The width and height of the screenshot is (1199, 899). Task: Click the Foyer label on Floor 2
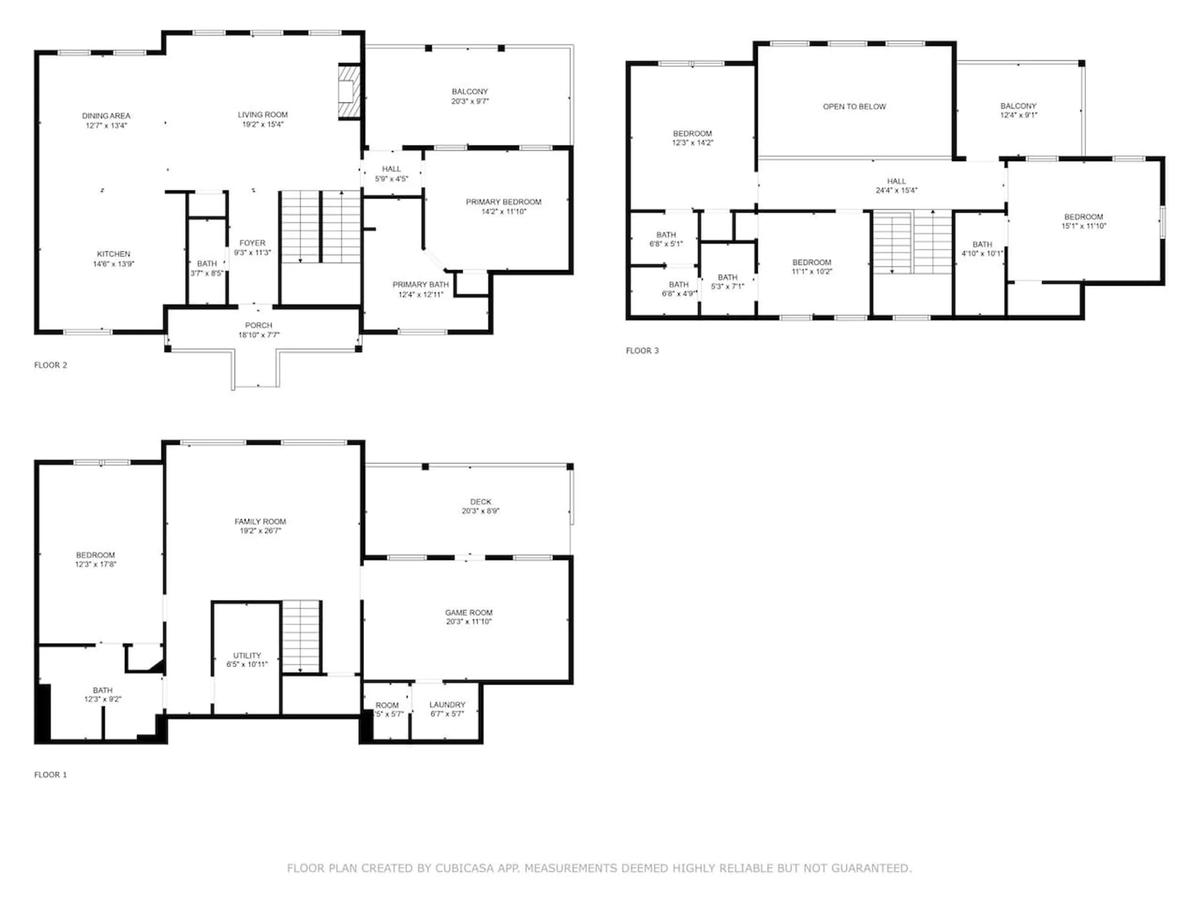(253, 243)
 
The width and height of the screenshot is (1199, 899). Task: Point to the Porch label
(259, 325)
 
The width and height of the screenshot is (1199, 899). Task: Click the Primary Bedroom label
(504, 202)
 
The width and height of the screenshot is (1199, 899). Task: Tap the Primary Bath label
(421, 284)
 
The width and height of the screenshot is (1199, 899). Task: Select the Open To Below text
(854, 107)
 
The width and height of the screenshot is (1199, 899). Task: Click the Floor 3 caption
(642, 351)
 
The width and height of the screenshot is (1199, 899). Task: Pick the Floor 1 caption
(50, 774)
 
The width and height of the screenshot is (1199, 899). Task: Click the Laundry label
(447, 705)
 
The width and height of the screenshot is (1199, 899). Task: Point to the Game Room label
(469, 612)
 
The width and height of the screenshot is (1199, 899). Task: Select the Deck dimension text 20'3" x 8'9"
(481, 511)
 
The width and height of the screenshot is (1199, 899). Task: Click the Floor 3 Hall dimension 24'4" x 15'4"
(896, 190)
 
